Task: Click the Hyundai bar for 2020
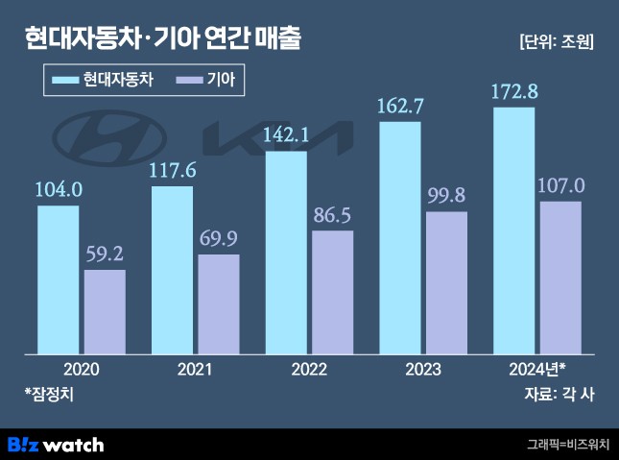pos(59,278)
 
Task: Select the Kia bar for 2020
pos(105,311)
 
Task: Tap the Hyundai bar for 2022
pos(286,252)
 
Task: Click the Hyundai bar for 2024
pos(513,230)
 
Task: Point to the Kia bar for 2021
pos(219,303)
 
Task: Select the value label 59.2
pos(105,257)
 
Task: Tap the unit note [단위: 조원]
pos(556,41)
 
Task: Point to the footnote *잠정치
pos(49,394)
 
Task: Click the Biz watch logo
pos(56,445)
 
